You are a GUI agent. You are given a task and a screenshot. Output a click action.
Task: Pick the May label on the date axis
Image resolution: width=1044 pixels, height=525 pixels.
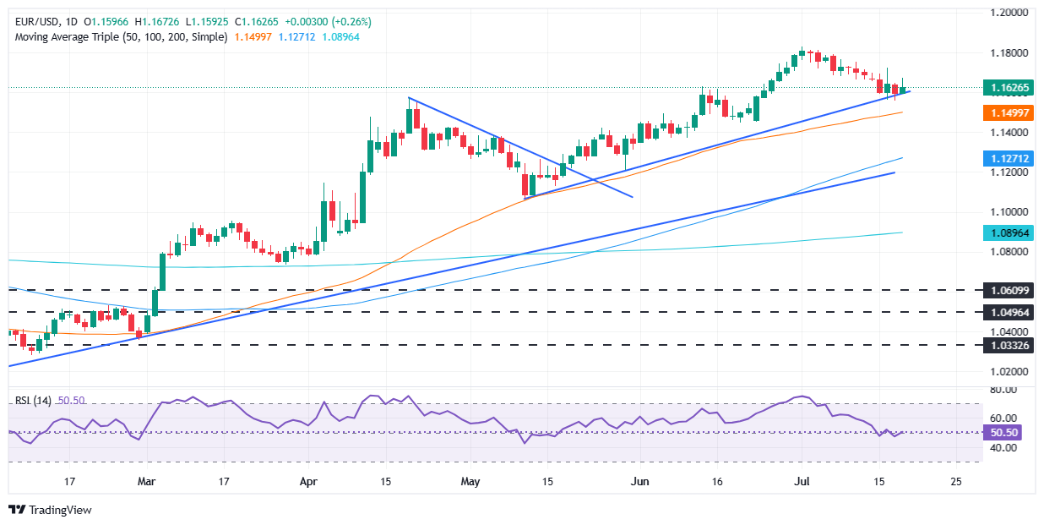coord(470,481)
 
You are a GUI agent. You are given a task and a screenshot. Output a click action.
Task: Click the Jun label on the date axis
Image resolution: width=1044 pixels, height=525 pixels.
coord(641,481)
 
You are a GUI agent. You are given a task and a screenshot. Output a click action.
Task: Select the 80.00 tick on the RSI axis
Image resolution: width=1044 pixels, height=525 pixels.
coord(1002,390)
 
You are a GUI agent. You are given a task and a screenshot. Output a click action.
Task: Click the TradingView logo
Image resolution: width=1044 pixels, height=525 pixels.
coord(50,510)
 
